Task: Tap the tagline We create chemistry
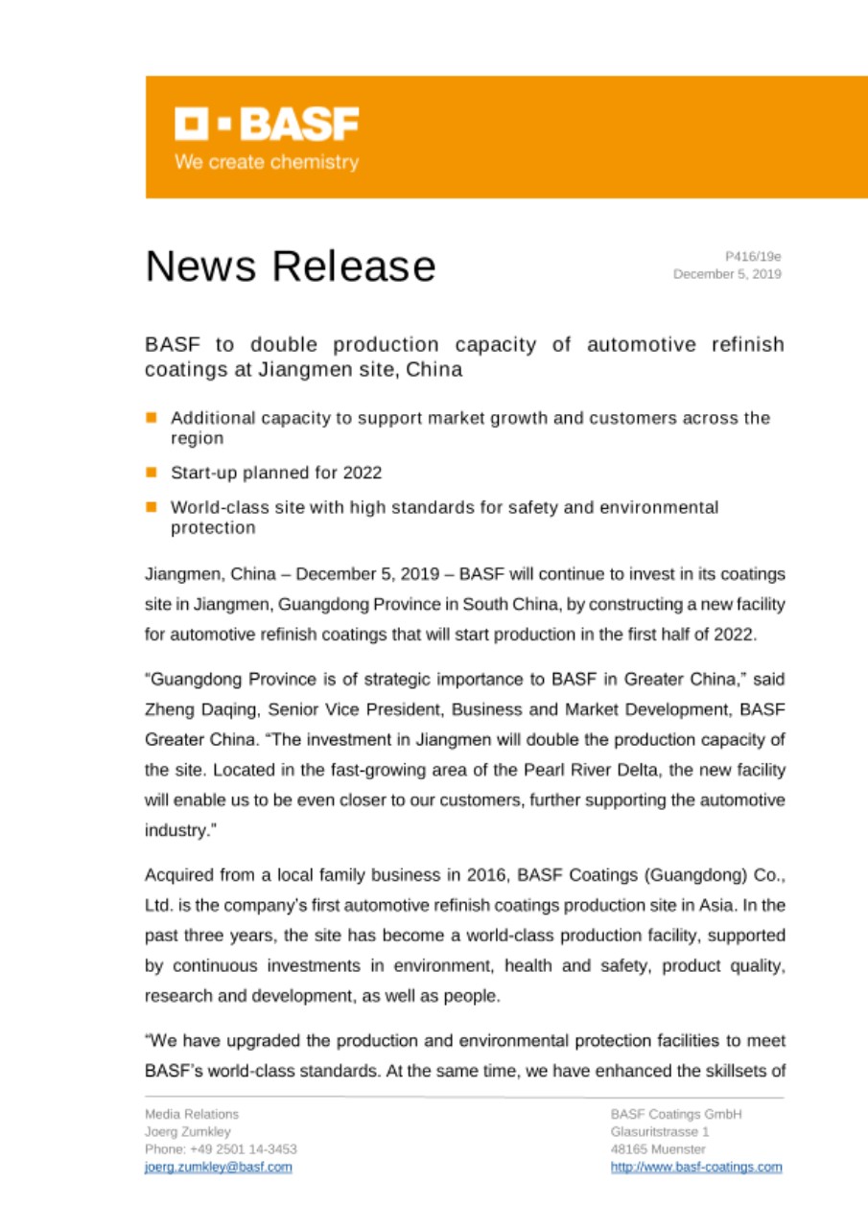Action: click(266, 162)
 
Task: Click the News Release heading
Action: click(290, 266)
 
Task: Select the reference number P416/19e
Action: click(753, 256)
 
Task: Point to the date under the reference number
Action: click(727, 274)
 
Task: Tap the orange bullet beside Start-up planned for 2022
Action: click(152, 472)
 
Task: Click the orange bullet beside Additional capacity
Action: click(152, 417)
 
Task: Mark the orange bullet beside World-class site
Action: click(152, 505)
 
